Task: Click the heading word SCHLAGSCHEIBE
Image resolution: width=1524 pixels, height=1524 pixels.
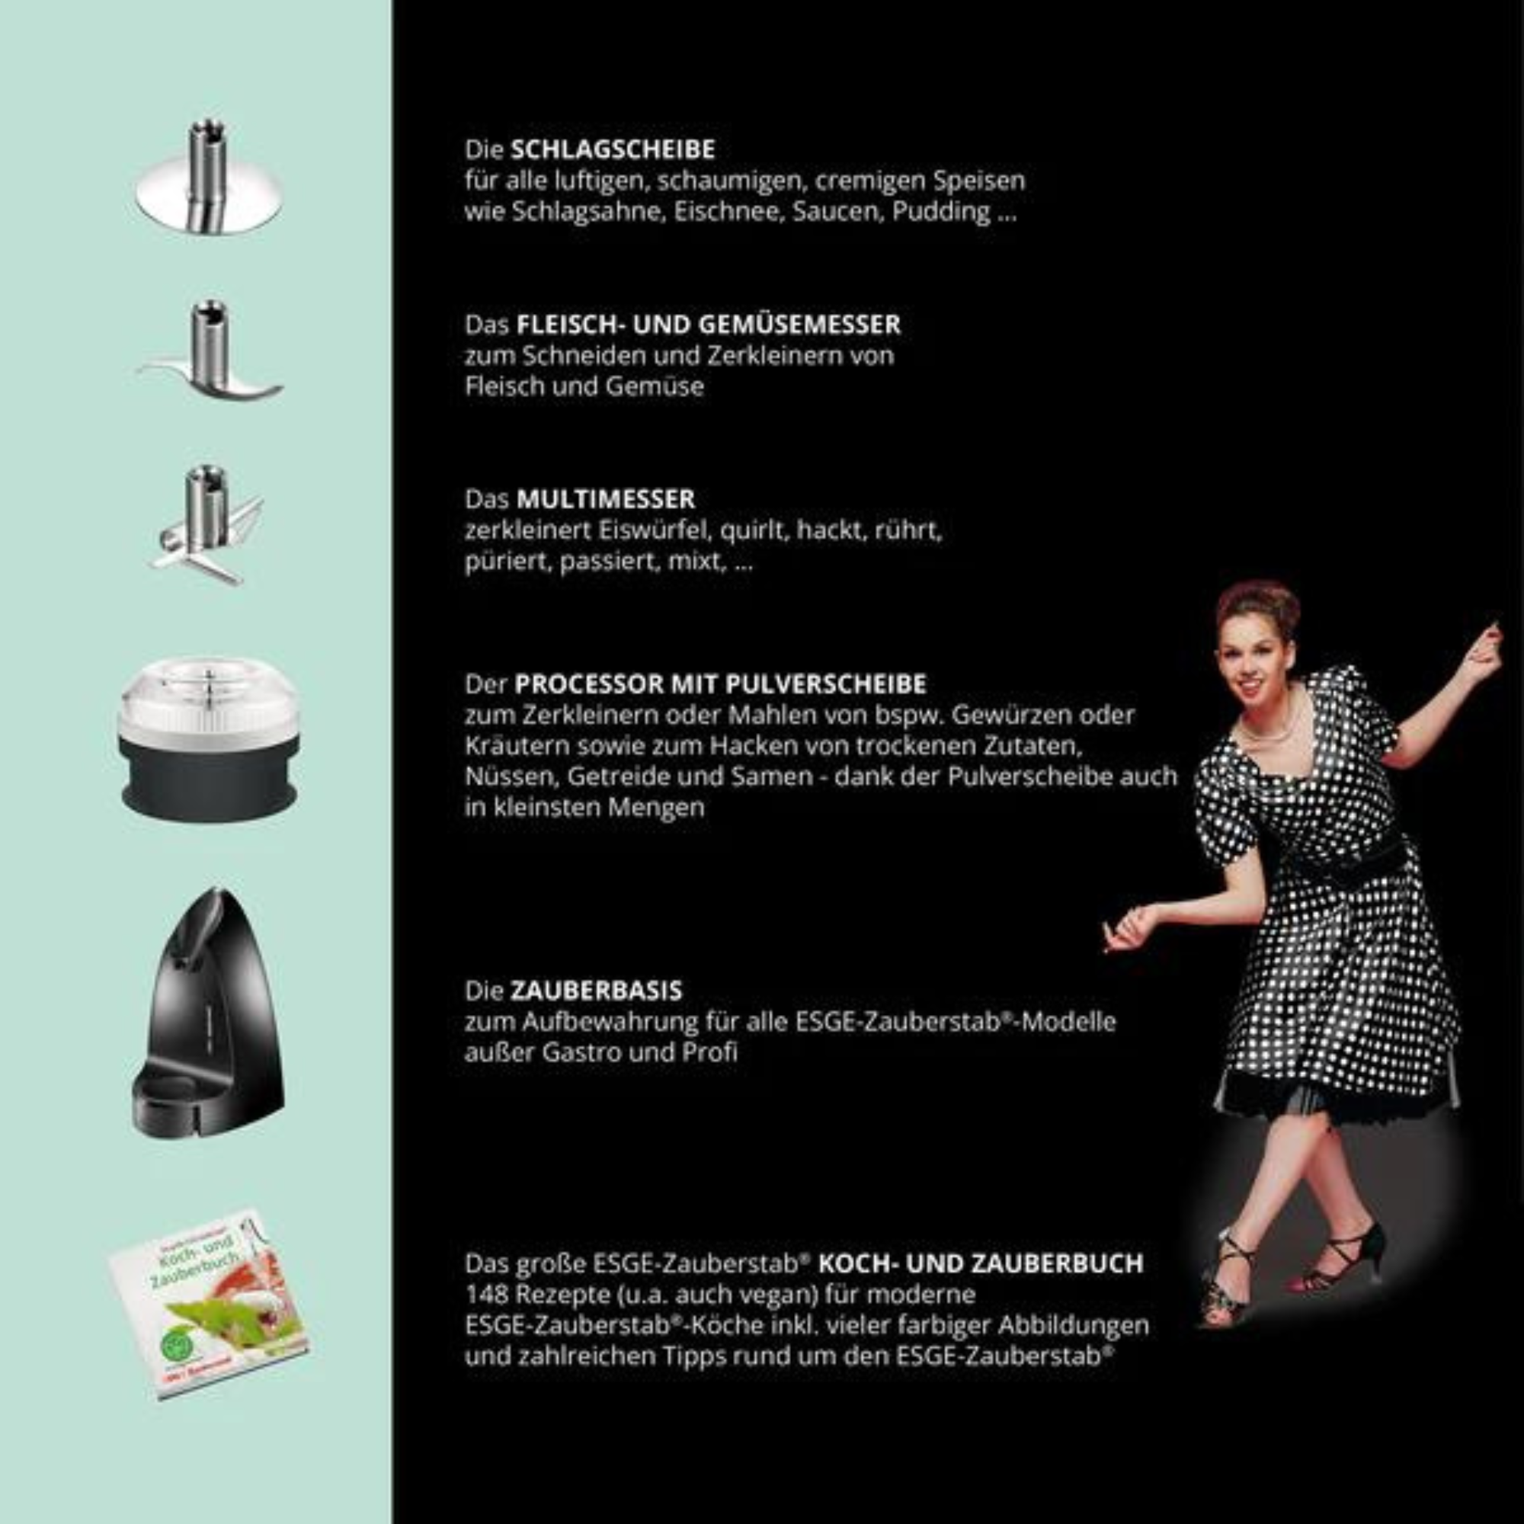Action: (x=613, y=149)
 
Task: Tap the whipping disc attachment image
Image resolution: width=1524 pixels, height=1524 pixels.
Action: (x=207, y=189)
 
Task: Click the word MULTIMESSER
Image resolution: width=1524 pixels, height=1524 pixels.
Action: (x=605, y=499)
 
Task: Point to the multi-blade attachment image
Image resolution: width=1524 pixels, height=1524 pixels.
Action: (x=207, y=524)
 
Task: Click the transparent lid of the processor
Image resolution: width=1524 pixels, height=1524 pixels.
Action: (x=207, y=698)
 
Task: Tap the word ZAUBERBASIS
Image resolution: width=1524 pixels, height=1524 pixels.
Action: (x=596, y=991)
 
